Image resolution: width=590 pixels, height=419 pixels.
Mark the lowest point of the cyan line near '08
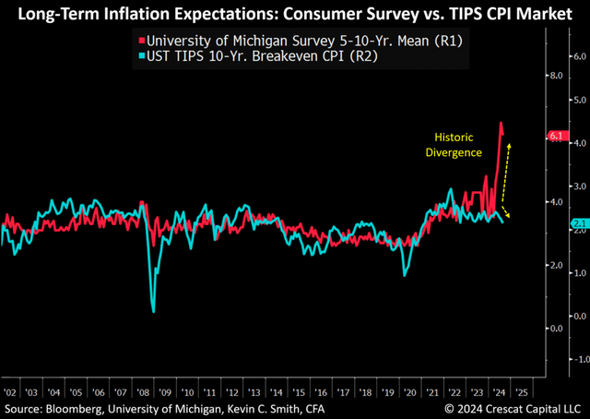pyautogui.click(x=153, y=312)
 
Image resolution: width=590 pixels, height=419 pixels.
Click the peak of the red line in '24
pyautogui.click(x=501, y=123)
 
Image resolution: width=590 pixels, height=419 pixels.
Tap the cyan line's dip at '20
pyautogui.click(x=406, y=274)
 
